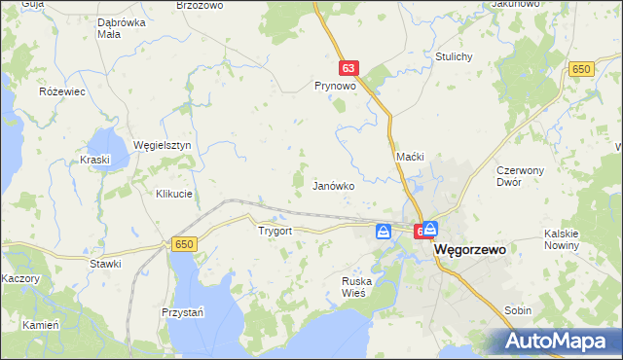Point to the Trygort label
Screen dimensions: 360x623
click(275, 232)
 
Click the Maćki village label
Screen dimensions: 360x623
click(411, 157)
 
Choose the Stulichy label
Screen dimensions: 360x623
click(454, 56)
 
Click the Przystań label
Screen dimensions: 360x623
click(182, 312)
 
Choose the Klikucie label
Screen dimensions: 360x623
click(174, 194)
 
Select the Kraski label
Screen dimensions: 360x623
click(96, 159)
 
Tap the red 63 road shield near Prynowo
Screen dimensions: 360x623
click(349, 68)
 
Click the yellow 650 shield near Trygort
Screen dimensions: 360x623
click(185, 244)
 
